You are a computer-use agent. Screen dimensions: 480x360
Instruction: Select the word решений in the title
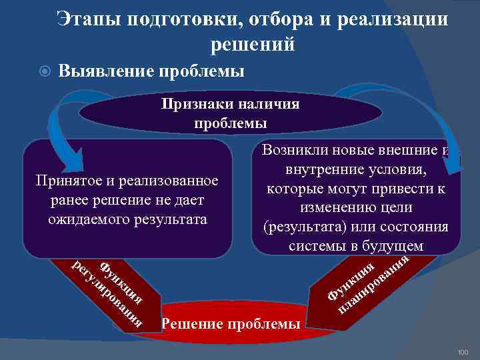point(253,44)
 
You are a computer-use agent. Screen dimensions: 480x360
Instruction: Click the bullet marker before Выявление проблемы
point(43,71)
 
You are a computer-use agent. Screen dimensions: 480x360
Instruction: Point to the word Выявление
point(107,70)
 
